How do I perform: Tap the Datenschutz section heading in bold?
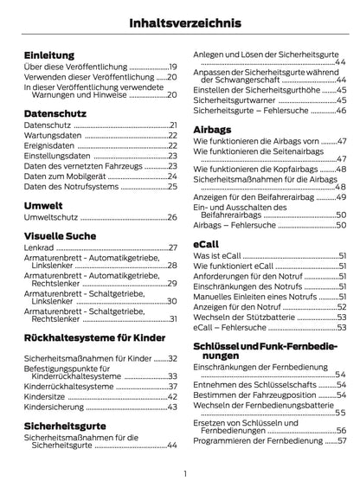point(59,112)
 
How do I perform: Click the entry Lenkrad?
point(38,247)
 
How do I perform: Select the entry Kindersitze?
point(44,395)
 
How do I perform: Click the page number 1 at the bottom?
point(185,474)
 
